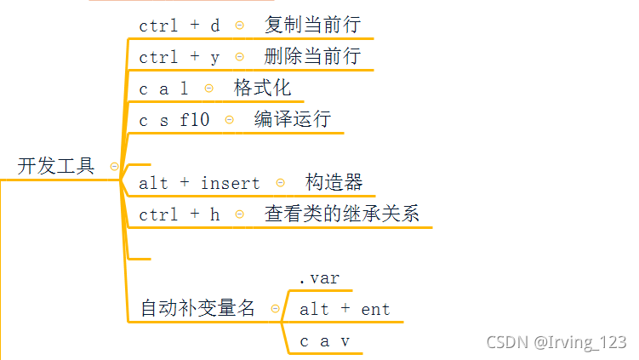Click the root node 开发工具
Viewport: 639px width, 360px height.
[x=56, y=166]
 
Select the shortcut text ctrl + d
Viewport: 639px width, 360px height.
[x=180, y=26]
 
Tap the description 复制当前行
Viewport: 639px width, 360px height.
[x=306, y=25]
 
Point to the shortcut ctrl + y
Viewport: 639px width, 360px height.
[x=180, y=57]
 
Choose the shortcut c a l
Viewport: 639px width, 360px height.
[x=163, y=89]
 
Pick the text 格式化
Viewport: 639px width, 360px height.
[x=263, y=89]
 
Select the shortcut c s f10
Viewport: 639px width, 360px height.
[x=174, y=120]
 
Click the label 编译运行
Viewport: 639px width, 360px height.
[x=292, y=119]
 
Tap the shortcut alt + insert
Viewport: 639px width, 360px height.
[x=199, y=183]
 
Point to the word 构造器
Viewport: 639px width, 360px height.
[x=334, y=182]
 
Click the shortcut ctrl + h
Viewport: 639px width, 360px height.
[x=180, y=214]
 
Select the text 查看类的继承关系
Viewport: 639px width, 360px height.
[x=342, y=214]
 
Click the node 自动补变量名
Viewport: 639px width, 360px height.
[x=198, y=309]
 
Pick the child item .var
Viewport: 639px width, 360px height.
[x=319, y=278]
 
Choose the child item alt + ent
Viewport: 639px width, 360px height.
[x=345, y=310]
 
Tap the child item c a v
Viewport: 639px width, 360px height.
[x=324, y=341]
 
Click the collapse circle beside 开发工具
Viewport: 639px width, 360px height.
[x=114, y=167]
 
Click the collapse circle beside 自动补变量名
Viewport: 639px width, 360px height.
[x=275, y=309]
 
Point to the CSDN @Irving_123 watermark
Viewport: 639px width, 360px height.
[x=556, y=342]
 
